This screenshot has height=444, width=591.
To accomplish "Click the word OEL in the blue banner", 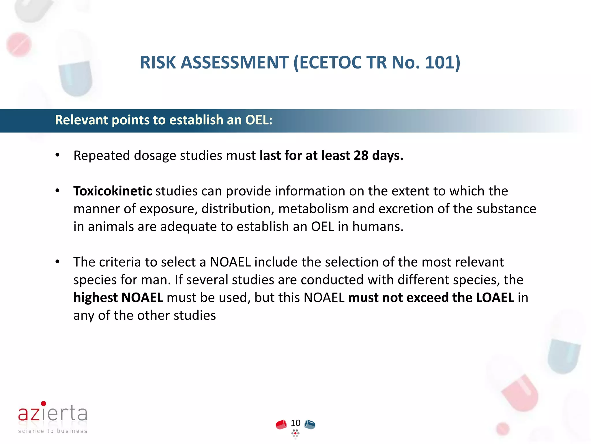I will tap(257, 120).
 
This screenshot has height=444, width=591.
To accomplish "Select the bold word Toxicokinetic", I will tap(113, 191).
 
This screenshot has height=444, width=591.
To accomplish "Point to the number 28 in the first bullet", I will tap(361, 156).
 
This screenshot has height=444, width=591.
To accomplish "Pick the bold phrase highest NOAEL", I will tap(118, 298).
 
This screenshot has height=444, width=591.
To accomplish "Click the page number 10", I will tap(295, 423).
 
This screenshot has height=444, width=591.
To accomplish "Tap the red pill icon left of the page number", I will tap(281, 424).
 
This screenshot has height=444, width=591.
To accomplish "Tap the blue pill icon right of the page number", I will tap(310, 424).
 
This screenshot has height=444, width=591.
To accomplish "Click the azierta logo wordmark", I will tap(53, 413).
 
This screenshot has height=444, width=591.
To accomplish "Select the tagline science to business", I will tap(53, 431).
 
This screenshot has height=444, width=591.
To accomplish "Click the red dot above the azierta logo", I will tap(44, 403).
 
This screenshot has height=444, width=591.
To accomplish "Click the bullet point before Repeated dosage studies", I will tap(57, 156).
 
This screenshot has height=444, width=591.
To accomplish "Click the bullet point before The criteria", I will tap(57, 262).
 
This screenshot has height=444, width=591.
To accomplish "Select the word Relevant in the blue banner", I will tap(81, 120).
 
